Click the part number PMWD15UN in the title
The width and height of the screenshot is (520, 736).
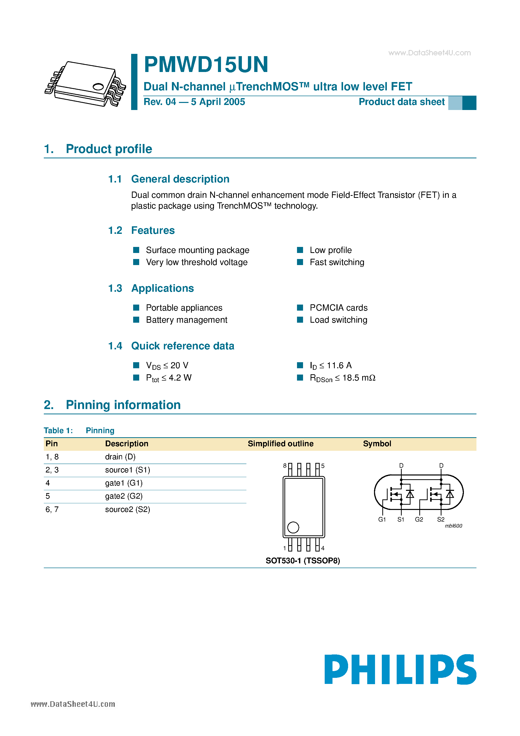click(x=206, y=65)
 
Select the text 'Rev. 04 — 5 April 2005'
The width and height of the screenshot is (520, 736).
click(x=194, y=102)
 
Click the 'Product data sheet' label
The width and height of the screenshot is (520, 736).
click(x=401, y=102)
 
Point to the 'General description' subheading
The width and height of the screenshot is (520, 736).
click(x=180, y=179)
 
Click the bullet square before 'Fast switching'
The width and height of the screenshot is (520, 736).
click(x=300, y=262)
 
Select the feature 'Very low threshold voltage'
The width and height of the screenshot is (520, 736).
click(x=197, y=262)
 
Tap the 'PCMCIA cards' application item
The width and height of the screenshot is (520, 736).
click(x=338, y=308)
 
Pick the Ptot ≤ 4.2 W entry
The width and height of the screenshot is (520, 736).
click(x=169, y=378)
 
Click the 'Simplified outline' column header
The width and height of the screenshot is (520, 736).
click(x=281, y=444)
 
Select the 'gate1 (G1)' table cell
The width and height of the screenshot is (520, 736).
click(x=124, y=483)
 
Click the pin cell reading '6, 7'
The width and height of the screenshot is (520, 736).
click(x=52, y=509)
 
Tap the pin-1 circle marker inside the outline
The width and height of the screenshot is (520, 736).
click(x=293, y=527)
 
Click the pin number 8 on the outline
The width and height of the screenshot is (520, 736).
click(x=285, y=465)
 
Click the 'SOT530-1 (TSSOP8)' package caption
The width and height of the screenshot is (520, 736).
click(x=303, y=561)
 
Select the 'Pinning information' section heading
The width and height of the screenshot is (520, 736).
click(x=123, y=405)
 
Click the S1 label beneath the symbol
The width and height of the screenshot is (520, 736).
click(x=401, y=519)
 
